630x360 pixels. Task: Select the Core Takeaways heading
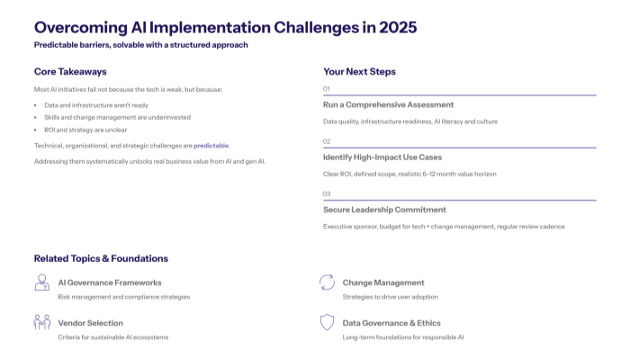(x=70, y=71)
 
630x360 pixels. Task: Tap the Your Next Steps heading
(x=359, y=71)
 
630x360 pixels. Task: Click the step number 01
(x=327, y=89)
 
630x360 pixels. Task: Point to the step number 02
(x=327, y=141)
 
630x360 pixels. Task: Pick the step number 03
(x=327, y=193)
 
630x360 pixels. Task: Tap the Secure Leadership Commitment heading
(x=384, y=210)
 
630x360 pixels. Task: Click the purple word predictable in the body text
(x=211, y=145)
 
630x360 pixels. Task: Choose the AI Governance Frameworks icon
(x=41, y=283)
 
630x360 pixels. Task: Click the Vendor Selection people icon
(x=41, y=322)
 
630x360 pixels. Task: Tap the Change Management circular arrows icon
(x=327, y=283)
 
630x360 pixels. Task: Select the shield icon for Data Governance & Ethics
(x=327, y=322)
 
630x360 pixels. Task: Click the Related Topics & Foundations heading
(x=101, y=258)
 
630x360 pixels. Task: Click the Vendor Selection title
(x=90, y=322)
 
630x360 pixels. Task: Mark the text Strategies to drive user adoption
(x=390, y=296)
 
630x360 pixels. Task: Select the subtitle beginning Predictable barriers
(x=140, y=45)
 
